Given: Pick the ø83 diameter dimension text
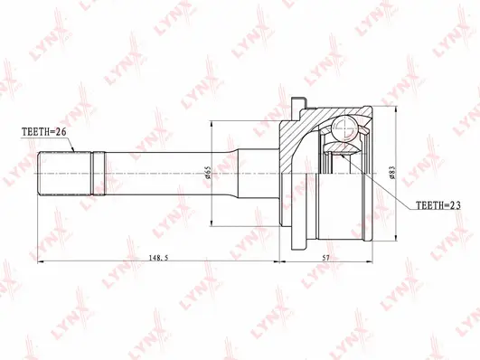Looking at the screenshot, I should (x=391, y=171).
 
